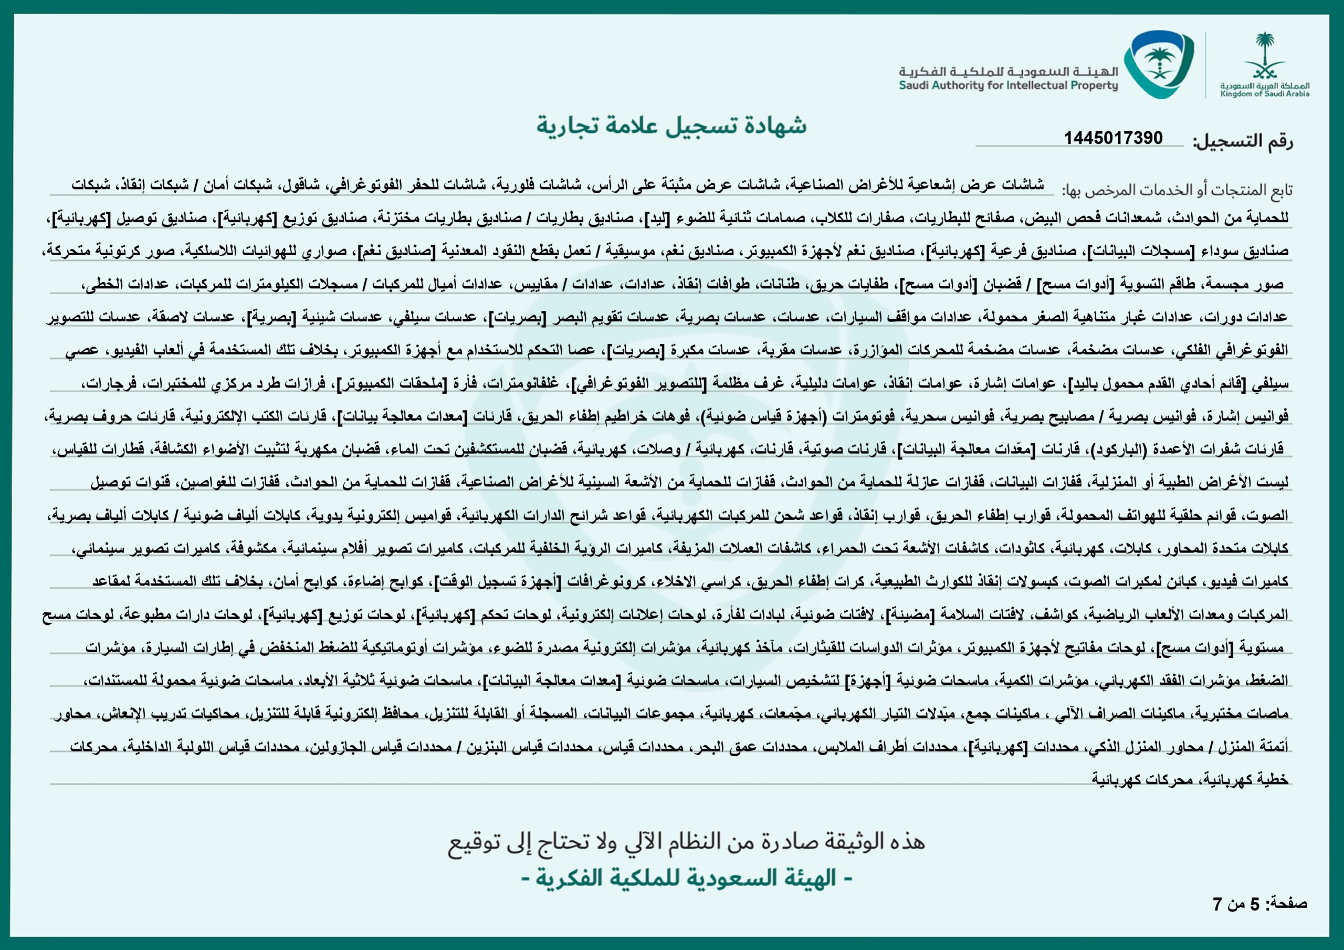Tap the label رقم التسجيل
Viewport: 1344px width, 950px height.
click(x=1242, y=142)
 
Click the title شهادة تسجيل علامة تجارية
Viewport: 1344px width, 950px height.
click(x=671, y=126)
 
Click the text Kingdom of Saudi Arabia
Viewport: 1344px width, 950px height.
click(x=1264, y=93)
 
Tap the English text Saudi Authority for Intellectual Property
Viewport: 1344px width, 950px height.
click(x=1008, y=86)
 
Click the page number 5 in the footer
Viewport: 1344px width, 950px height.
click(x=1254, y=904)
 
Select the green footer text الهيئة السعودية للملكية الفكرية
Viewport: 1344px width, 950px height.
click(x=686, y=879)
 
